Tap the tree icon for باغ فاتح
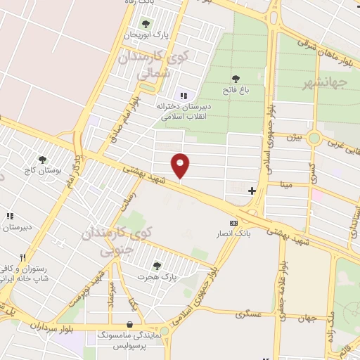[235, 79]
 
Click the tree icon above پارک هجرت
[156, 265]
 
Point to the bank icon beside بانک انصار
[233, 223]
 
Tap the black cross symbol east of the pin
[252, 191]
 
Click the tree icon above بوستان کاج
[43, 160]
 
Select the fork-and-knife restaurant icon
[22, 257]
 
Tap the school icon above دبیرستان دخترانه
[184, 96]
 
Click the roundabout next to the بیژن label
[314, 138]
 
